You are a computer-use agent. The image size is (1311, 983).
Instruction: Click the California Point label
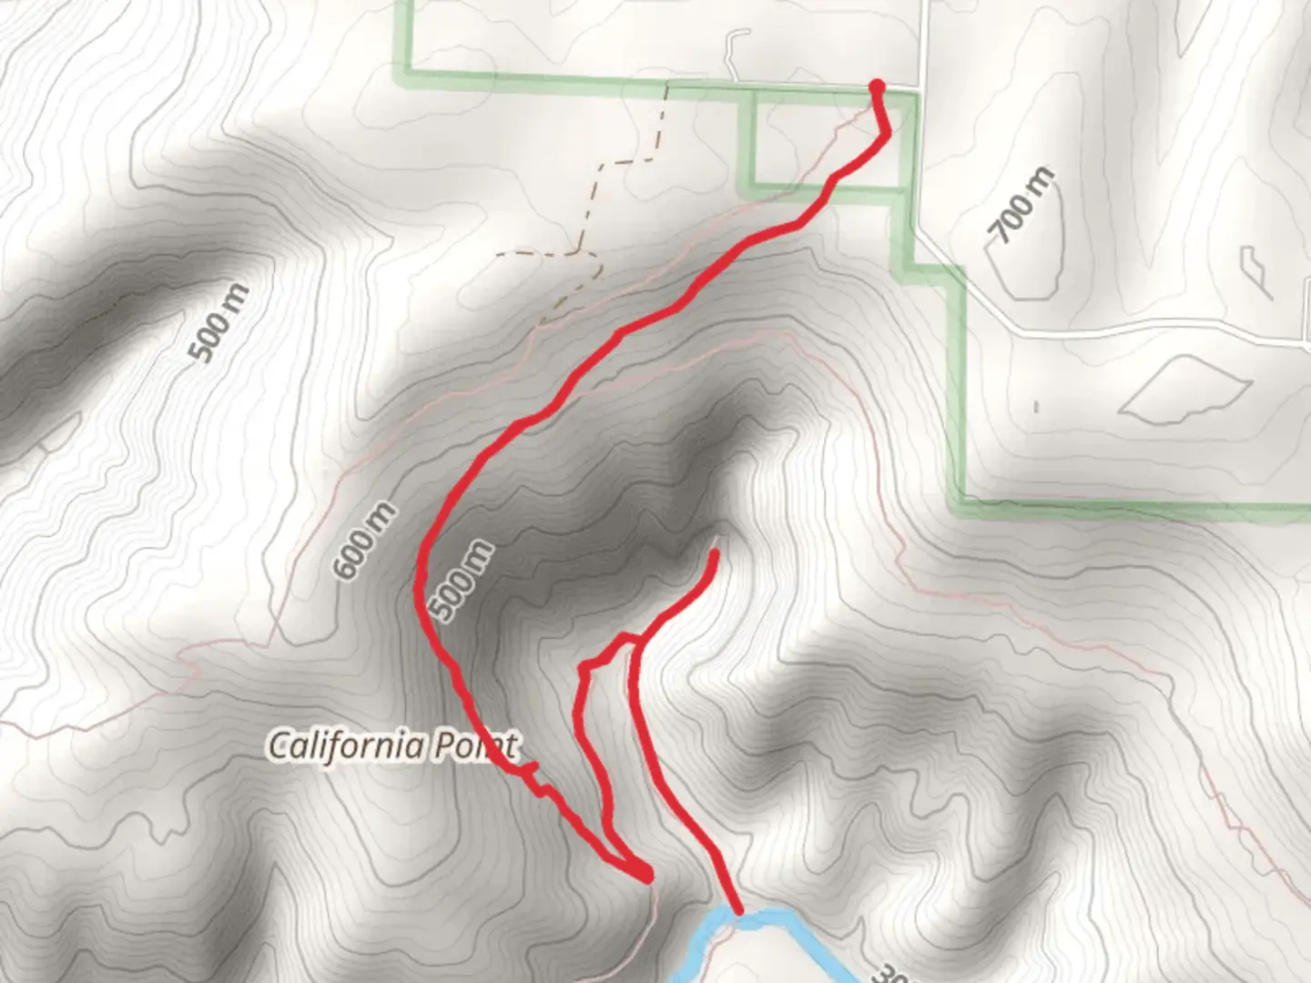point(392,746)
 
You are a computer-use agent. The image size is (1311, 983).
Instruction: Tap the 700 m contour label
point(1023,206)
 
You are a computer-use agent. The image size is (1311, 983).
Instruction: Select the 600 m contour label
point(364,542)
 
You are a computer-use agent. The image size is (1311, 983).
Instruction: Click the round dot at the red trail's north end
point(877,86)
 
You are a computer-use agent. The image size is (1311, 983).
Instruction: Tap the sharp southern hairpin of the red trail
point(646,877)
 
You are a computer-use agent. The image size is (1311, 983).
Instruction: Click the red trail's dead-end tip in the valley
point(715,552)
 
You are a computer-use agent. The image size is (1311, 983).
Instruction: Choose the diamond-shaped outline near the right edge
point(1184,389)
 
